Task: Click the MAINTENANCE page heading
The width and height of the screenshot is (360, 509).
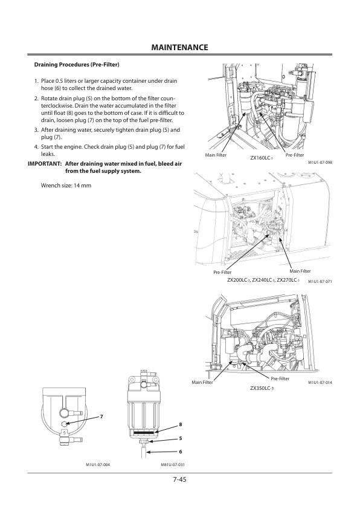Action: point(179,47)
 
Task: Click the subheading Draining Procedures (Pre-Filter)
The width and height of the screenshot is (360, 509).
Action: point(77,65)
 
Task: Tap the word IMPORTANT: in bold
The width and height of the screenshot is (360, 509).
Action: point(45,164)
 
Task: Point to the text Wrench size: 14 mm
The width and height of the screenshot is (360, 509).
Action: point(66,186)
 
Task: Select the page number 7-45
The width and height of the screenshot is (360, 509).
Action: point(179,479)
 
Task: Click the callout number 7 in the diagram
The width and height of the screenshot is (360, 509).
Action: point(101,417)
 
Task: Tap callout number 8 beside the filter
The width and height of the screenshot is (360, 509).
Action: point(181,424)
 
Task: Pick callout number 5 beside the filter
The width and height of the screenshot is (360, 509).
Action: point(181,438)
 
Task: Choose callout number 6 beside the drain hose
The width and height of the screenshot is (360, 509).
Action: point(181,452)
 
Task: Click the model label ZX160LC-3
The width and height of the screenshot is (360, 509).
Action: point(262,158)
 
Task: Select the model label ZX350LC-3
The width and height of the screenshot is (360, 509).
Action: point(262,388)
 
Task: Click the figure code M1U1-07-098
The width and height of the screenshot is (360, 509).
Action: point(320,162)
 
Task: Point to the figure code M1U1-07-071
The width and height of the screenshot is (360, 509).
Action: point(320,282)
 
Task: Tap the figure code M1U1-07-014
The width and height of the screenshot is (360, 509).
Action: point(320,383)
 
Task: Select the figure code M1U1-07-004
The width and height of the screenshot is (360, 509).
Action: point(98,465)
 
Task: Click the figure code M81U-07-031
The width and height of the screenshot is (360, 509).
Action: point(173,465)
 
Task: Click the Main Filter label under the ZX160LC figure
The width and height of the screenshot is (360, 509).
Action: point(216,155)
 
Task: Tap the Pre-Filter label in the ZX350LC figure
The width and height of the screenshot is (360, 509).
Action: point(280,378)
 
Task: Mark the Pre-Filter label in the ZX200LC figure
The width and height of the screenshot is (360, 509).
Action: point(222,272)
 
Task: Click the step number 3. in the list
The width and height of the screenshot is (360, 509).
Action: point(37,130)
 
